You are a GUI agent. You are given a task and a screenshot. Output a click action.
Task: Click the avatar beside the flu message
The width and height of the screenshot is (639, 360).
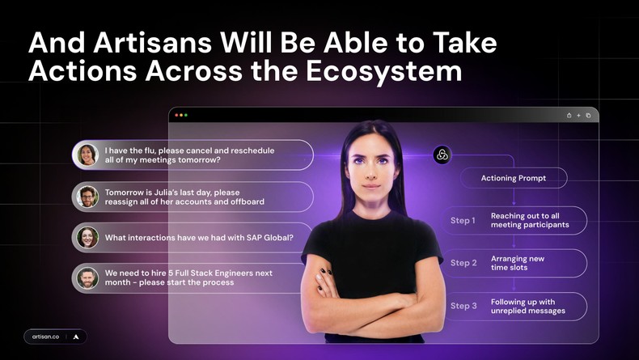tap(87, 155)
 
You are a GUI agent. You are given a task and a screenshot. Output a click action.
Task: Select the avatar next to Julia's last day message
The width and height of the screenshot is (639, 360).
tap(87, 197)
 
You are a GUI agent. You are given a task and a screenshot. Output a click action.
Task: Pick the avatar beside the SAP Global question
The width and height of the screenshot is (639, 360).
tap(87, 238)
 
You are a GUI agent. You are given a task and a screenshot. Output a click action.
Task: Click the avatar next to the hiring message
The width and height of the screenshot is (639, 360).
tap(87, 278)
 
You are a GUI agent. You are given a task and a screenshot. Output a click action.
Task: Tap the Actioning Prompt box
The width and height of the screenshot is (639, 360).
tap(513, 178)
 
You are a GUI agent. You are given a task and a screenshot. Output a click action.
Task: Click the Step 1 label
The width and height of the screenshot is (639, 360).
tap(463, 220)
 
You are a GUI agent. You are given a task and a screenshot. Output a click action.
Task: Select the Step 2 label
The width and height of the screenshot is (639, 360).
tap(463, 263)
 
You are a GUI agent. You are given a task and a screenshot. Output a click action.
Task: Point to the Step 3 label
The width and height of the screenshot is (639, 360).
tap(463, 306)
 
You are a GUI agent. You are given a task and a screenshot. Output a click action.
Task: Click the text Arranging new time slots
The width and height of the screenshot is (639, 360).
tap(518, 263)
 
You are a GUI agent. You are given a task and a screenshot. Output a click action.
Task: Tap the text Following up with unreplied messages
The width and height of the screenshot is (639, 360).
tap(527, 306)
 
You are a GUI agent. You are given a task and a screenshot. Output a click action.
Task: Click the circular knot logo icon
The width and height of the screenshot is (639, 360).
tap(442, 155)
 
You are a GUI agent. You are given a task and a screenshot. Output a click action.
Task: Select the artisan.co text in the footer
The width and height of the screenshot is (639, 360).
tap(45, 336)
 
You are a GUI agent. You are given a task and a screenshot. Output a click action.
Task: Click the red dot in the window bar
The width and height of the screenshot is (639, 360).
tap(177, 115)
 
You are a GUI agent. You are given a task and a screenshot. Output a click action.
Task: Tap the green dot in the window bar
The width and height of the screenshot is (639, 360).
tap(186, 115)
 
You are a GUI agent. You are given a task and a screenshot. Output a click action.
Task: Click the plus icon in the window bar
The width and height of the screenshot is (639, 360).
tap(578, 115)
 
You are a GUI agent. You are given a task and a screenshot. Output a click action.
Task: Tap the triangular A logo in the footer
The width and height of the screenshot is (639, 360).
tap(75, 336)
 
